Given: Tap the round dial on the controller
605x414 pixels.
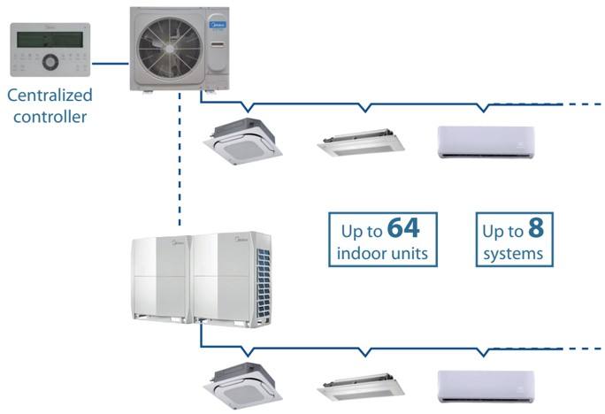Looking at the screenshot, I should (51, 63).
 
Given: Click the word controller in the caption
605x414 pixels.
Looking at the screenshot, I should (51, 115).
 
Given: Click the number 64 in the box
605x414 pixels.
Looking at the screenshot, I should (403, 229).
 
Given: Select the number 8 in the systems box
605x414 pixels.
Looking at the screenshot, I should (536, 229).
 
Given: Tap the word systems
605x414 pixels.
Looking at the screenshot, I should (513, 255).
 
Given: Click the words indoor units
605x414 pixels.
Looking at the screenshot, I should (383, 255).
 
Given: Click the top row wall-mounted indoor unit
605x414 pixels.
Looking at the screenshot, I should (486, 142).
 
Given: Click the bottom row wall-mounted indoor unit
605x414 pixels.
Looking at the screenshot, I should (486, 387).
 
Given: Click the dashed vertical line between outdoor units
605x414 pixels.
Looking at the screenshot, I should (180, 159).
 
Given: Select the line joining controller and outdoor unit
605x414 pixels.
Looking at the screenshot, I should (110, 63).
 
